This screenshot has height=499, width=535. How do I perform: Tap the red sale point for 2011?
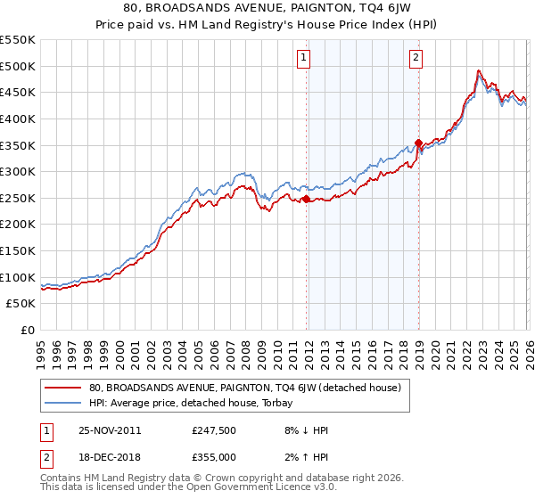tap(307, 200)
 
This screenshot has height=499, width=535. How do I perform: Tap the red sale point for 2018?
tap(418, 143)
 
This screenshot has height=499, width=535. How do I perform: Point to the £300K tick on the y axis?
tap(18, 171)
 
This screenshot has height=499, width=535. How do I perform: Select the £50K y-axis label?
tap(21, 304)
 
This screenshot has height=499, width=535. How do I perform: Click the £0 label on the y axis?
tap(28, 330)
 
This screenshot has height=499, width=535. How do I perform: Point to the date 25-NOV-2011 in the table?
tap(109, 430)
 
